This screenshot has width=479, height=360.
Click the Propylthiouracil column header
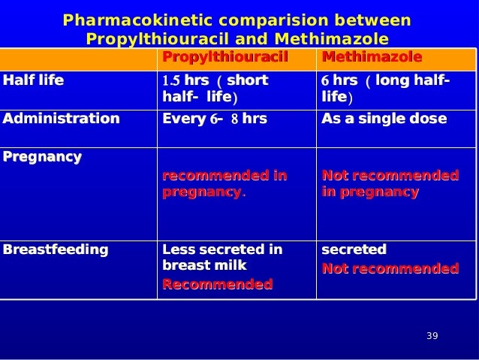pos(224,58)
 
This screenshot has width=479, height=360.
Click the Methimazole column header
pos(371,58)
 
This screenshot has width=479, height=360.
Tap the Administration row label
pos(61,119)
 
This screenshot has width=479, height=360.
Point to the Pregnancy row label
pos(43,157)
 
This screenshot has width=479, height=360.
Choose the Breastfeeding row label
pos(56,249)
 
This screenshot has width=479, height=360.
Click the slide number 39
pos(431,335)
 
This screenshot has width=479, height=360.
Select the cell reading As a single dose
pos(384,119)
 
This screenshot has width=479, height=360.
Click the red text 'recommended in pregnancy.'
pos(224,184)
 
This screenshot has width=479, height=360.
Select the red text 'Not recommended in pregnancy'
pos(389,184)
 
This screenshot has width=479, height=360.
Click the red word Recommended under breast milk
pos(217,285)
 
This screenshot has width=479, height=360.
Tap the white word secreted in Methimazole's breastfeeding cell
pos(354,249)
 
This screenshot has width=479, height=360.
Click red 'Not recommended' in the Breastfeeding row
pos(389,268)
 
